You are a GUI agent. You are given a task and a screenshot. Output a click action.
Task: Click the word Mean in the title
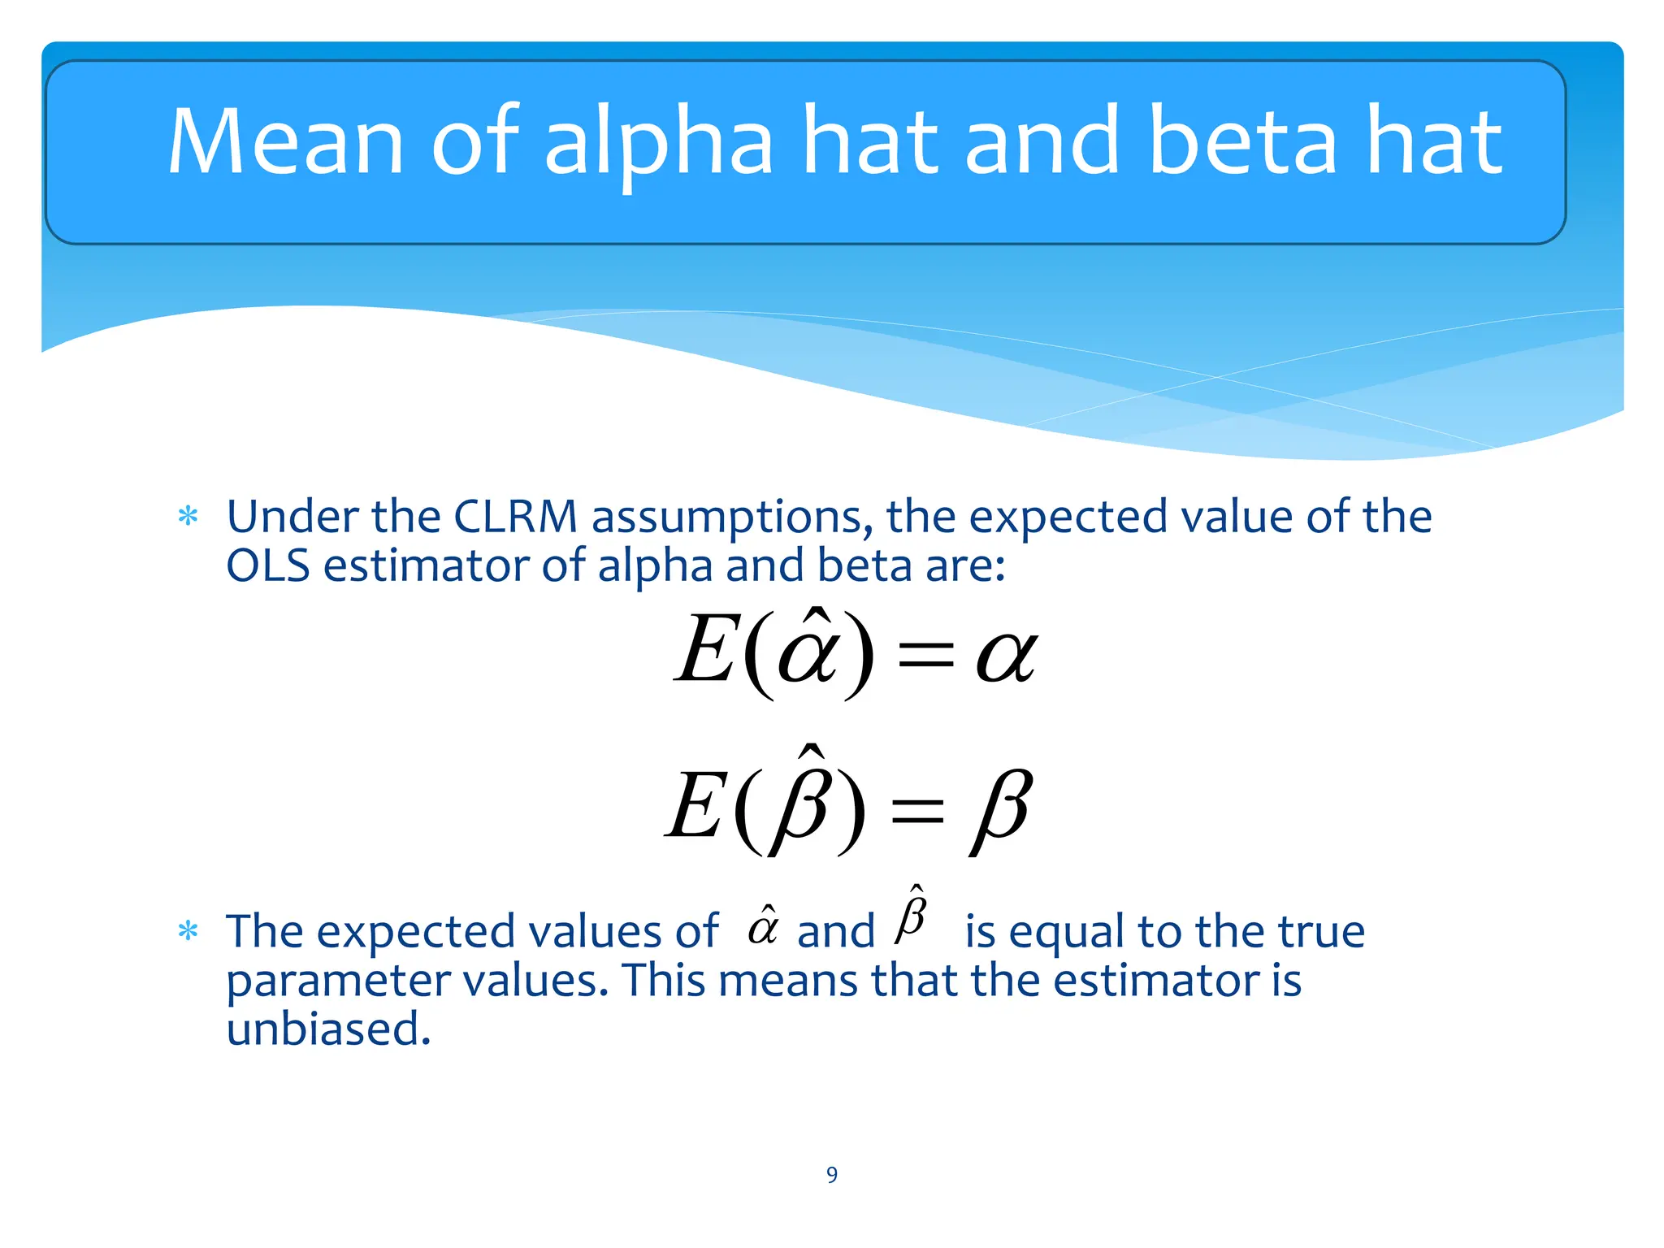click(284, 142)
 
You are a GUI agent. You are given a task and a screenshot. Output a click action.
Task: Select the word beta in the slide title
click(1243, 142)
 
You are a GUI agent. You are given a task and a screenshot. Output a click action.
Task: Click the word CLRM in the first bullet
click(514, 517)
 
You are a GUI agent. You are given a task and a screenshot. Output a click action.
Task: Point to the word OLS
click(267, 565)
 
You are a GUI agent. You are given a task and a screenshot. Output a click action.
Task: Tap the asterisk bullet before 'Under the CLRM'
click(188, 517)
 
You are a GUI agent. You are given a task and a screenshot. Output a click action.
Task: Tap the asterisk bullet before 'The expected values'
click(188, 931)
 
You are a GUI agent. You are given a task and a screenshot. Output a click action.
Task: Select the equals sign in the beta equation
click(918, 810)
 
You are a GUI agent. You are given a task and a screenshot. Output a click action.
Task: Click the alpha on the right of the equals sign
click(1006, 656)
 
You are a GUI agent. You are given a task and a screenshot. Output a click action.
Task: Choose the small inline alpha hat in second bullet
click(763, 926)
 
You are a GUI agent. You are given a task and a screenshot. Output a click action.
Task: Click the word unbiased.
click(327, 1029)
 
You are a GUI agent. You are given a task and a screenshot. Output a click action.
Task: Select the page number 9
click(832, 1175)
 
